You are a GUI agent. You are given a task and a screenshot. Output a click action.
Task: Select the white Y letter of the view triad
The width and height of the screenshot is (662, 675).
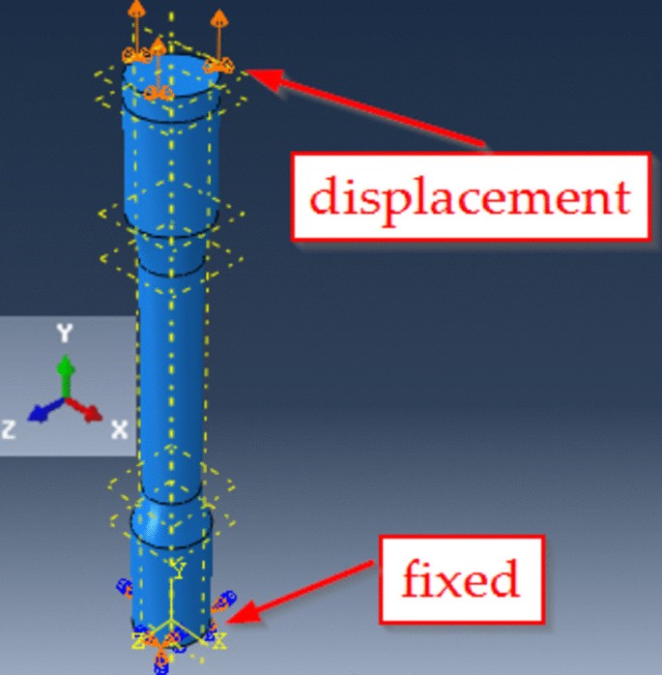(x=65, y=334)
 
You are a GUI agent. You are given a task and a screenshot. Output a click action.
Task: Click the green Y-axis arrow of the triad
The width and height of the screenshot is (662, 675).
(x=65, y=371)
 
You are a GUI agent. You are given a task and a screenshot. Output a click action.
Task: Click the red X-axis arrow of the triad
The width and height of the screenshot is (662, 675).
(x=89, y=411)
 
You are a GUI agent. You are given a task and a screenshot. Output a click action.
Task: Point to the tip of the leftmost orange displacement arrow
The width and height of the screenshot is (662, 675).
(x=137, y=8)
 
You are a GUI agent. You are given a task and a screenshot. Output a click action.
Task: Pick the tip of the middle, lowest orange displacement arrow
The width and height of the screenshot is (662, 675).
(x=158, y=44)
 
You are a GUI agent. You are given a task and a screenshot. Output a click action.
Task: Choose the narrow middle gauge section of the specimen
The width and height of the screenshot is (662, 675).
(x=171, y=367)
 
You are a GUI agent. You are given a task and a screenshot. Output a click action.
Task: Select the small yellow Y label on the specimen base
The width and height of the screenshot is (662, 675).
(x=176, y=566)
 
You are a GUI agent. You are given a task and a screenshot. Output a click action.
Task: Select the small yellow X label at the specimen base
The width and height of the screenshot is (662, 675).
(x=219, y=639)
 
